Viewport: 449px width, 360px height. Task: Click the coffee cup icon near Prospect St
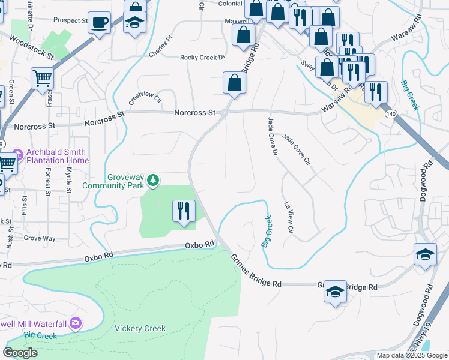[100, 23]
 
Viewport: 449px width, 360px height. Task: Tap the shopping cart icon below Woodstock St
[42, 78]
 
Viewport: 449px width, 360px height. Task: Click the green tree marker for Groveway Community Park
[154, 179]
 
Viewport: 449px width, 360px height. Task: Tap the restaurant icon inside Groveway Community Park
[184, 211]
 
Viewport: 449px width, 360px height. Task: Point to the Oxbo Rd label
[199, 244]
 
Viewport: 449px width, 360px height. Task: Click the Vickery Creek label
[140, 328]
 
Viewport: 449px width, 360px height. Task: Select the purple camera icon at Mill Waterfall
[76, 323]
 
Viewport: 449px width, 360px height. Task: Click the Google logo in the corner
[21, 352]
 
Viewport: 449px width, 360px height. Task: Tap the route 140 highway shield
[391, 114]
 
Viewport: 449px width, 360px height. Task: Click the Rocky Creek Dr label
[202, 58]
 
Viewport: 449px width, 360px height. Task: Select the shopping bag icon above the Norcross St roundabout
[234, 83]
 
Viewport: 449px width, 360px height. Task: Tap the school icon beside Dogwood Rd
[425, 254]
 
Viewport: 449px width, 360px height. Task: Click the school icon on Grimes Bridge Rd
[335, 292]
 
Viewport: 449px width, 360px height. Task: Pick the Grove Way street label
[40, 238]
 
